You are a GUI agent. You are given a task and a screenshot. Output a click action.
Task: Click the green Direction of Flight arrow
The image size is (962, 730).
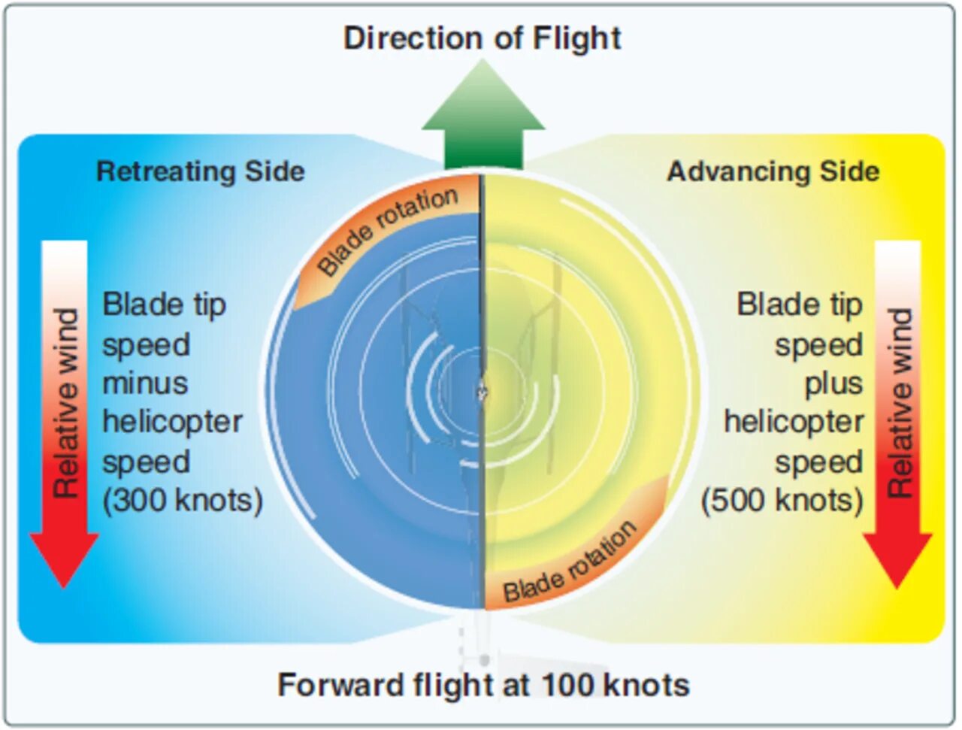click(483, 120)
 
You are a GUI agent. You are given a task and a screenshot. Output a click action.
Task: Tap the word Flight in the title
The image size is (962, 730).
click(576, 38)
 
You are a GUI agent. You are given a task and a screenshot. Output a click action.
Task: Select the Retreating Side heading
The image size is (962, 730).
click(201, 171)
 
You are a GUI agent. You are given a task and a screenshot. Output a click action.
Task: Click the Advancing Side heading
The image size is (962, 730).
click(773, 171)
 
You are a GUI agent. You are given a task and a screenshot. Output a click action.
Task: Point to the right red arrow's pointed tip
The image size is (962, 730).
click(897, 582)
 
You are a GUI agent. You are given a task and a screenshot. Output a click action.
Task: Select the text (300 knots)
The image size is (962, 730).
click(183, 501)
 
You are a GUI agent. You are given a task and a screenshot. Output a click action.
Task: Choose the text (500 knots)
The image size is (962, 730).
click(782, 501)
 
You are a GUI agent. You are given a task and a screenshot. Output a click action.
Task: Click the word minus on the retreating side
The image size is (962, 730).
click(145, 383)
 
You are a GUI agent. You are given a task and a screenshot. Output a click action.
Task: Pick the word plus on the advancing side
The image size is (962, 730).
click(833, 383)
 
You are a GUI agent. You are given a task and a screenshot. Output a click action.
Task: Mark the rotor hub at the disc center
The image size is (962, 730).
click(482, 392)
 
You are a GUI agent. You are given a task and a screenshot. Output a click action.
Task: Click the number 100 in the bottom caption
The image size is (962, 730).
click(568, 686)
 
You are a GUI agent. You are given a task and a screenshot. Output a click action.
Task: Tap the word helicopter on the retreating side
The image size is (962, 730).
click(173, 422)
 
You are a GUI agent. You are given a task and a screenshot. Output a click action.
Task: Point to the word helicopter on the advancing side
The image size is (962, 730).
click(794, 422)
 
